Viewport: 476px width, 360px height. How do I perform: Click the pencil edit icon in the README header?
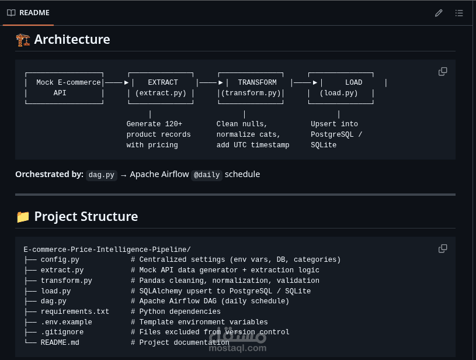(x=439, y=13)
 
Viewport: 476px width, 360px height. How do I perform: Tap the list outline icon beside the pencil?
(x=459, y=13)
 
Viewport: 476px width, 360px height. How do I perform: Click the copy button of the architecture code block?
(x=443, y=71)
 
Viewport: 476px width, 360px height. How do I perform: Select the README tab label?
(x=34, y=13)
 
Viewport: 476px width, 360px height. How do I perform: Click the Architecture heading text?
(x=72, y=40)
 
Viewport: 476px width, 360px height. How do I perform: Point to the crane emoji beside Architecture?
(x=23, y=40)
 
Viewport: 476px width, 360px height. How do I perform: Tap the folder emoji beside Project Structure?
(x=23, y=217)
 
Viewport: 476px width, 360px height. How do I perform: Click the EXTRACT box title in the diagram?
(x=163, y=82)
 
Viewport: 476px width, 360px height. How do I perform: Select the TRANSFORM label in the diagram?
(x=257, y=82)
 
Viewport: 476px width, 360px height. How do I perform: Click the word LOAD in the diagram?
(x=354, y=82)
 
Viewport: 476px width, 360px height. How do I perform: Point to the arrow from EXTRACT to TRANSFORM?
(x=211, y=82)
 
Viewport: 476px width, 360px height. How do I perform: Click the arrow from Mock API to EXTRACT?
(x=117, y=82)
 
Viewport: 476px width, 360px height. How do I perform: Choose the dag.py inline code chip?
(x=102, y=175)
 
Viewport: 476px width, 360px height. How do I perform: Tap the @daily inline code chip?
(x=207, y=175)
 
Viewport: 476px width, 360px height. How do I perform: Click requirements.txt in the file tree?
(x=75, y=311)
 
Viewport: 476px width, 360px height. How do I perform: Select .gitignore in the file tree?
(x=62, y=332)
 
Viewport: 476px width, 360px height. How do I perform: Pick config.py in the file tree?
(x=60, y=259)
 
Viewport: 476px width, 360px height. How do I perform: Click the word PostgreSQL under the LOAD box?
(x=332, y=134)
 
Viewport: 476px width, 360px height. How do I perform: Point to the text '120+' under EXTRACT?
(x=173, y=124)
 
